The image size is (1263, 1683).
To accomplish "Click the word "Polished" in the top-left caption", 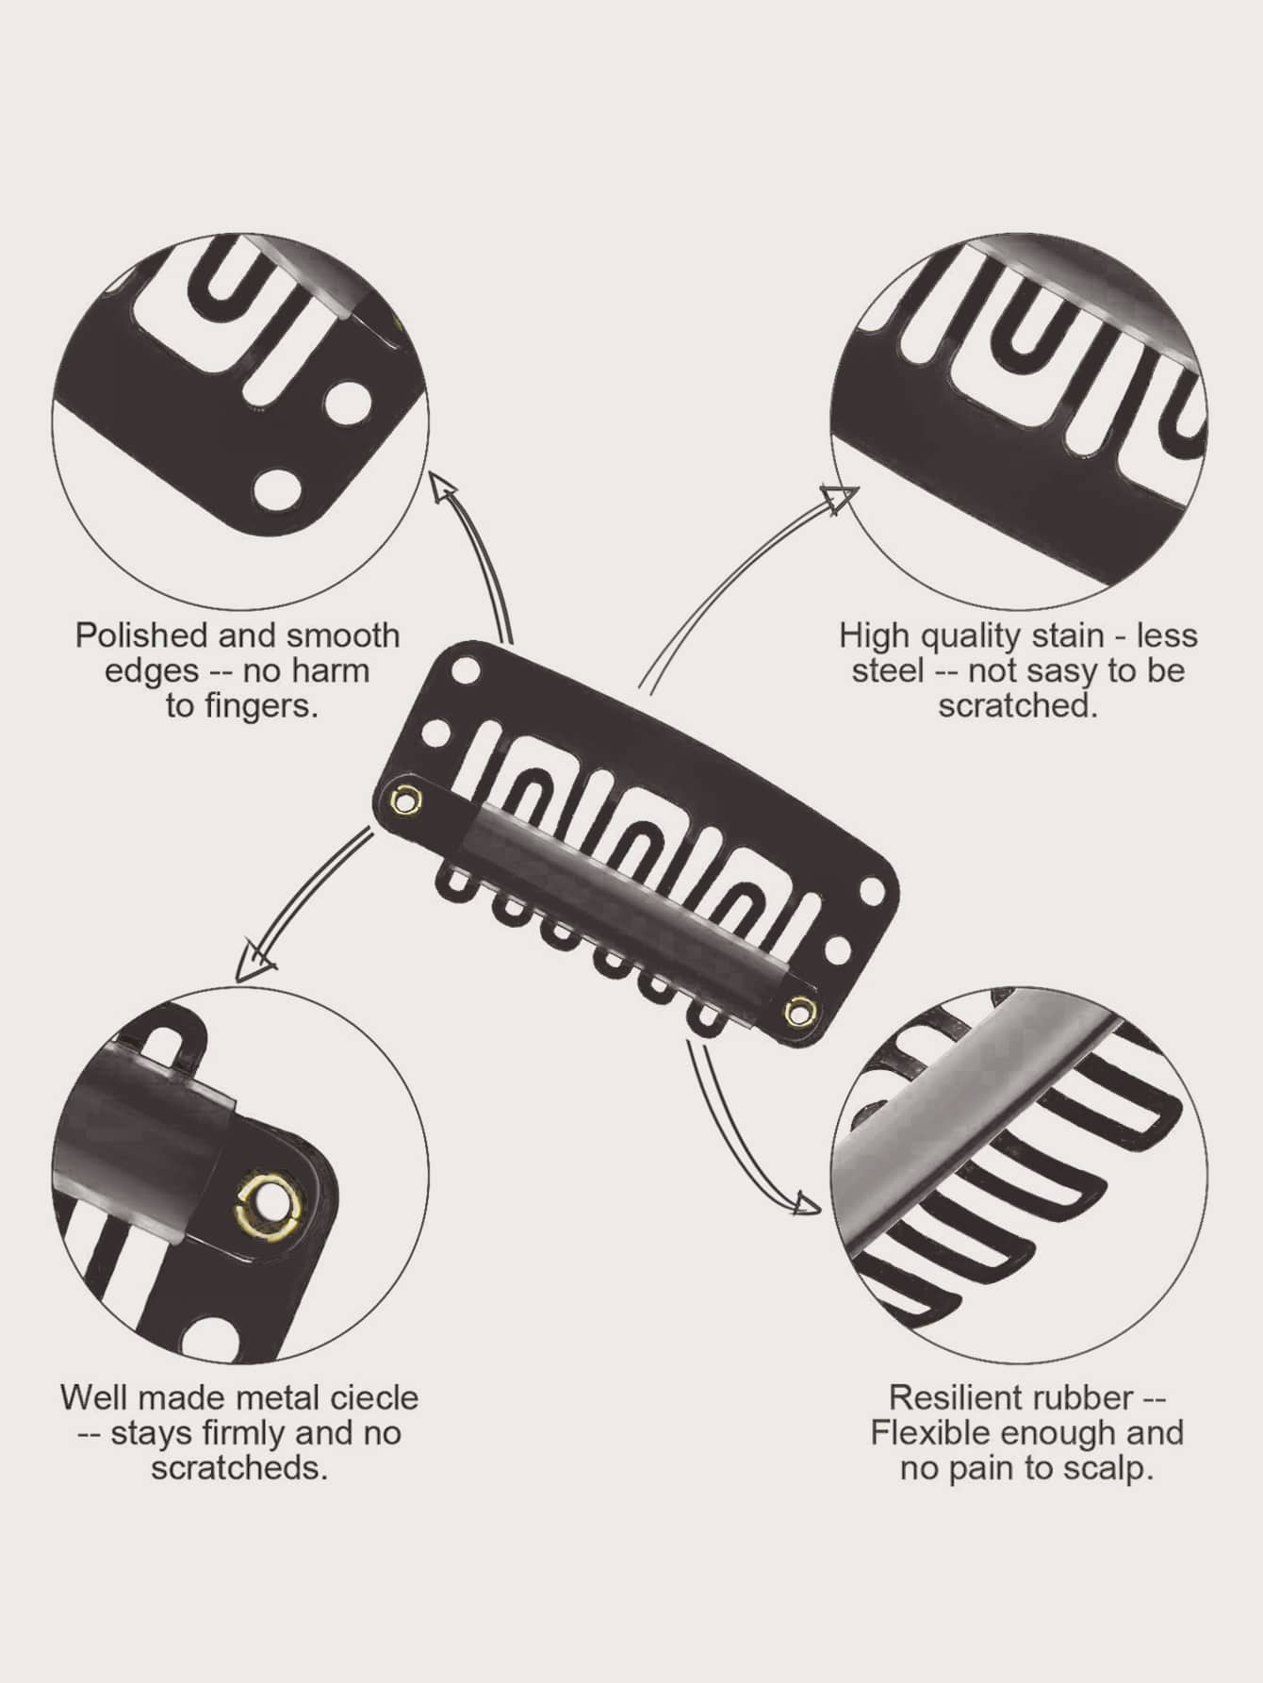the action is tap(142, 635).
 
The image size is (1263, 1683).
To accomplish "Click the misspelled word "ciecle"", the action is tap(373, 1397).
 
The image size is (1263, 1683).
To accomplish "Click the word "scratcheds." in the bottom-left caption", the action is tap(239, 1468).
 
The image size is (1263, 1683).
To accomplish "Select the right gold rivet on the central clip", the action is tap(797, 1012).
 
